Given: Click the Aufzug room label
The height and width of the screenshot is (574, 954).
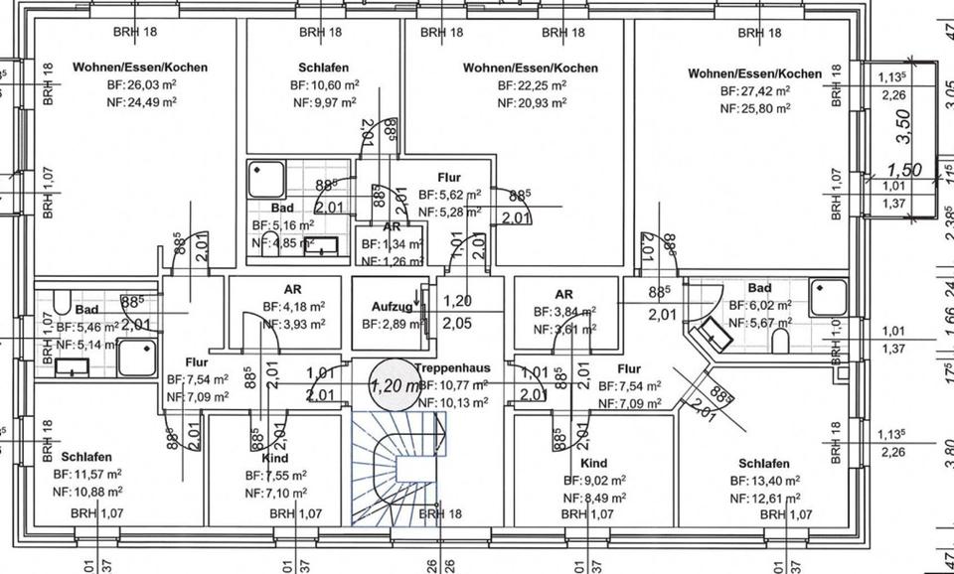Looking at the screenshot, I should point(392,308).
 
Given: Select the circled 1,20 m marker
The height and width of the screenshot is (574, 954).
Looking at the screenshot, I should point(392,382).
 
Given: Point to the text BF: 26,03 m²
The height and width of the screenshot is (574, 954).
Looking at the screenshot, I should point(141,85).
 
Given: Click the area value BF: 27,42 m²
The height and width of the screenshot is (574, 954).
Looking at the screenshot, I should point(754,90).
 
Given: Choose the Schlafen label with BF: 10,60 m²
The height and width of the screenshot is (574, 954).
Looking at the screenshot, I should point(322,68).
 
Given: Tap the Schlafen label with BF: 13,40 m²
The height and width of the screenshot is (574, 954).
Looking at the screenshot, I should point(764,464).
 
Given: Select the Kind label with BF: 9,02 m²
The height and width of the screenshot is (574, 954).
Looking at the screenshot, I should point(593,464).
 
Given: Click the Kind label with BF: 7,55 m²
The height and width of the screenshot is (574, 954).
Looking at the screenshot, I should point(275,459).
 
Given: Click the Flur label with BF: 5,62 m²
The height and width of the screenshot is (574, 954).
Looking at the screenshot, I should point(449,178).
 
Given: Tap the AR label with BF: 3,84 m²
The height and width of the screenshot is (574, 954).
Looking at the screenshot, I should point(564,294).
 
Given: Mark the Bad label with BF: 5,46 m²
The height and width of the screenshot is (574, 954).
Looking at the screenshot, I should point(85,310).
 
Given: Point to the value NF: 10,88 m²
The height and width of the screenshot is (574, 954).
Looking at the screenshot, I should point(88,491).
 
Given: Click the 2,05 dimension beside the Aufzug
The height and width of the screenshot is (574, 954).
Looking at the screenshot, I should point(457,323).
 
